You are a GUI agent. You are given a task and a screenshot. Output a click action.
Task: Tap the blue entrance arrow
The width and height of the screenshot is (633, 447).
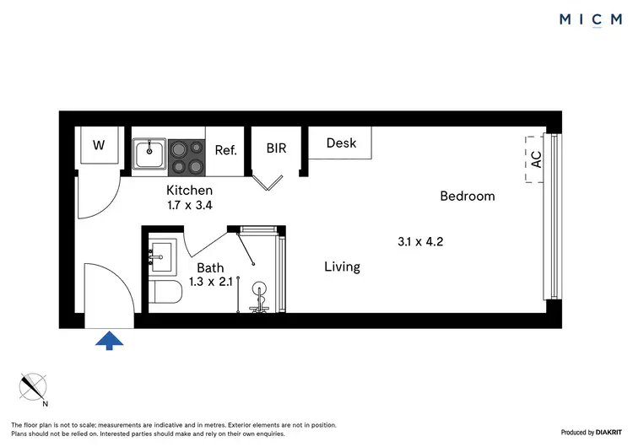109,340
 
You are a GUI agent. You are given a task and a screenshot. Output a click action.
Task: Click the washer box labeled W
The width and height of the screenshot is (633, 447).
99,146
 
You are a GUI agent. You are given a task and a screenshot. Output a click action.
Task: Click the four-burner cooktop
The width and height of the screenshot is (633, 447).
187,155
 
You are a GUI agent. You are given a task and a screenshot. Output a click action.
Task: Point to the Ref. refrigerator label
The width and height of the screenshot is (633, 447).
225,151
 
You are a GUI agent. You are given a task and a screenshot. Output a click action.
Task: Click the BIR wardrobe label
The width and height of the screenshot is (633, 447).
276,148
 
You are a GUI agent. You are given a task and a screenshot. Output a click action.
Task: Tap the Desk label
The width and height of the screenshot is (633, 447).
341,143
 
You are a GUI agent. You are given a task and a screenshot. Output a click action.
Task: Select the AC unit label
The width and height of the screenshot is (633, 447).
536,160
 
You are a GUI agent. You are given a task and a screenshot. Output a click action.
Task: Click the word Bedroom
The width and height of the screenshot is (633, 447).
467,197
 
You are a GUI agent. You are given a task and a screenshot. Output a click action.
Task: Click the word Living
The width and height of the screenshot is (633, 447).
342,267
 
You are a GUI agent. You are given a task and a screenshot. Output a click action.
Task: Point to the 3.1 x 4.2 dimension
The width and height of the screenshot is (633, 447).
420,241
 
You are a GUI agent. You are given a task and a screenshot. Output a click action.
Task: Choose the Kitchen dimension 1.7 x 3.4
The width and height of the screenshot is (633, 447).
189,204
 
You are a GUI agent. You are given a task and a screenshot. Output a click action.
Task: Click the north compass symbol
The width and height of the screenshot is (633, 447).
35,387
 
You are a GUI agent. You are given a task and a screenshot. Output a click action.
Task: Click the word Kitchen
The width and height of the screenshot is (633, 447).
189,190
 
